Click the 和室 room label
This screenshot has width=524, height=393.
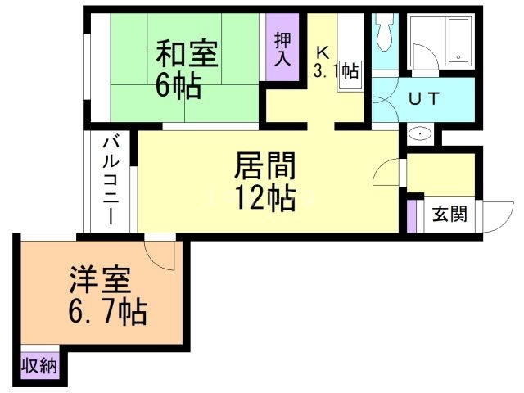187,54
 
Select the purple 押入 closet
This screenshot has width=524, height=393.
282,48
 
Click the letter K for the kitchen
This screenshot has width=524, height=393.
323,51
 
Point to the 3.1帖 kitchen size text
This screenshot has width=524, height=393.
336,70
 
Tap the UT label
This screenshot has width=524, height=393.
423,97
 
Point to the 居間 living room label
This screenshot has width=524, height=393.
264,167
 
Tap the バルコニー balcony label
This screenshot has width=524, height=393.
110,182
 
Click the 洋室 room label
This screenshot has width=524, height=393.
97,282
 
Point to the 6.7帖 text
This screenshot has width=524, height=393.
107,312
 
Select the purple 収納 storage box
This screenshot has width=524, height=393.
39,365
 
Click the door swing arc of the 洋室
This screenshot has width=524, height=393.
160,254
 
